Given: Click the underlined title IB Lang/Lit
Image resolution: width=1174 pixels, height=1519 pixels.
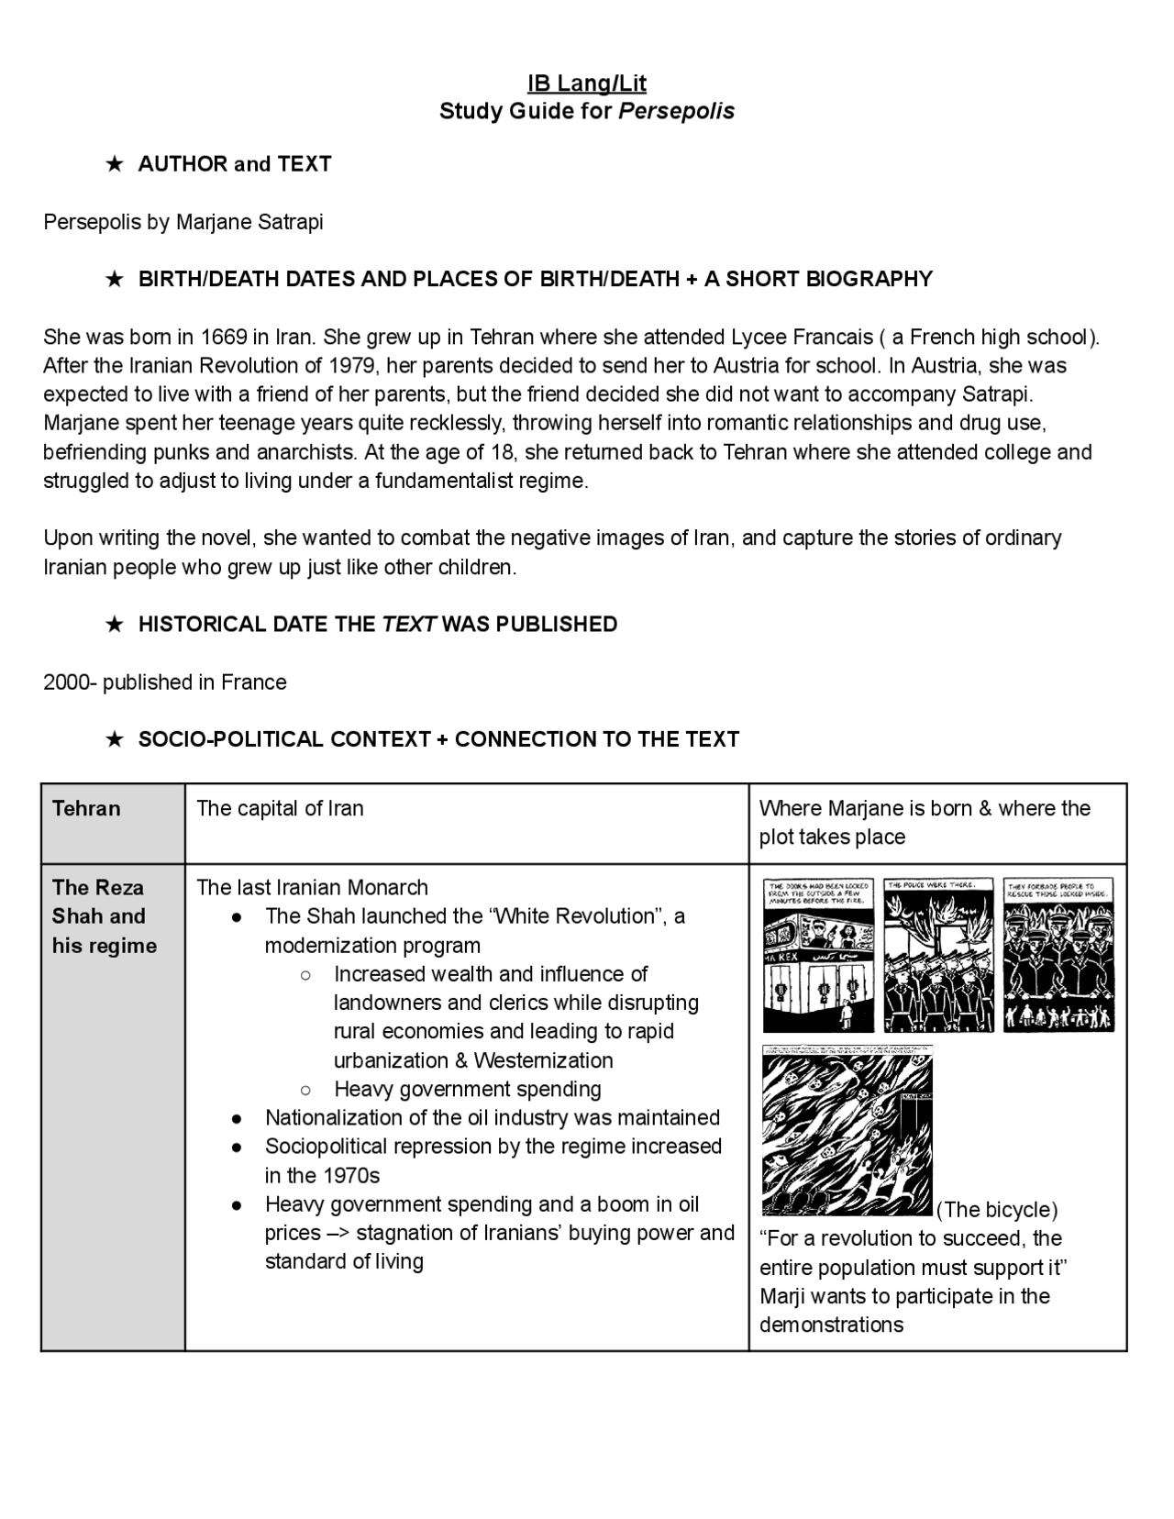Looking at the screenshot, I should click(x=587, y=83).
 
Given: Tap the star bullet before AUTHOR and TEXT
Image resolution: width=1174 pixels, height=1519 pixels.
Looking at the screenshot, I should click(x=115, y=164).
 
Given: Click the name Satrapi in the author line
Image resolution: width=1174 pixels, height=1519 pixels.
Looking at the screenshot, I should click(x=290, y=222).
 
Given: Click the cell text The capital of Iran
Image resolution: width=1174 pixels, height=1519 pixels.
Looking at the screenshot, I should click(x=280, y=808).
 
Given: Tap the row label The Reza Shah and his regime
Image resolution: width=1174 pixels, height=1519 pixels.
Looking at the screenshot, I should click(x=104, y=916).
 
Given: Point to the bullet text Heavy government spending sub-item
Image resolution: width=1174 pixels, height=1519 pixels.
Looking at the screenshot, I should click(x=467, y=1089).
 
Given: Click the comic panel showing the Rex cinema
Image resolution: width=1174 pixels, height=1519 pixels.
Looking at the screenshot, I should click(x=818, y=955).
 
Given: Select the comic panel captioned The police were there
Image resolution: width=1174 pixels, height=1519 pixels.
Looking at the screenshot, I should click(x=938, y=955).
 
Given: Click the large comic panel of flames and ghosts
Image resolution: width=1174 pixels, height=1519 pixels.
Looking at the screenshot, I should click(x=847, y=1130).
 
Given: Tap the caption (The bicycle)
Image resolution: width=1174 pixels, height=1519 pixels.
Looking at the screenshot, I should click(x=997, y=1210).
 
